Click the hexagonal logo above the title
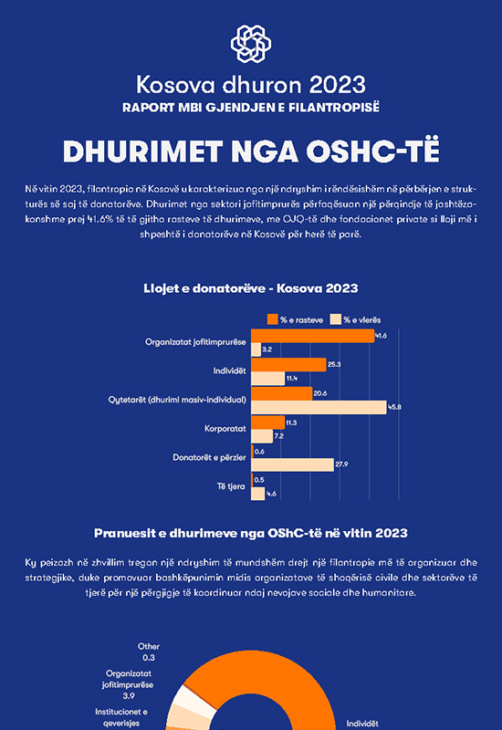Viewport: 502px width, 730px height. pyautogui.click(x=251, y=44)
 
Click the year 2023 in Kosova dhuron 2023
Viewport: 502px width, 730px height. pyautogui.click(x=338, y=85)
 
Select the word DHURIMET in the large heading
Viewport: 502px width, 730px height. pyautogui.click(x=142, y=151)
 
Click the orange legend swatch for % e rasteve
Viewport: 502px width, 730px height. pyautogui.click(x=272, y=319)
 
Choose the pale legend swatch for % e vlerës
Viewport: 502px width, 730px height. pyautogui.click(x=336, y=319)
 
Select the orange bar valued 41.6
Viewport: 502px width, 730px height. pyautogui.click(x=312, y=336)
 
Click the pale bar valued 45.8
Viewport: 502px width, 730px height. pyautogui.click(x=319, y=407)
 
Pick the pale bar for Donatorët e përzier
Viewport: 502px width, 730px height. pyautogui.click(x=292, y=464)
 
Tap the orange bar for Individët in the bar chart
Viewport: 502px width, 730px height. pyautogui.click(x=288, y=364)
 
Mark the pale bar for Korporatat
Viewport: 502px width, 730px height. pyautogui.click(x=262, y=436)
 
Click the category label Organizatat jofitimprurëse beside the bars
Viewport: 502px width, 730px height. pyautogui.click(x=195, y=342)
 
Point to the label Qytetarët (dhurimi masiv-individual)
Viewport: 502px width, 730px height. pyautogui.click(x=177, y=400)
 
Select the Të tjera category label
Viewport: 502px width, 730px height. pyautogui.click(x=231, y=486)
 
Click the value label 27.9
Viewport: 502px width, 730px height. pyautogui.click(x=341, y=464)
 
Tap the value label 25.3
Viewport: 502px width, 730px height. pyautogui.click(x=334, y=364)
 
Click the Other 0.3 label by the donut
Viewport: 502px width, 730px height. pyautogui.click(x=149, y=652)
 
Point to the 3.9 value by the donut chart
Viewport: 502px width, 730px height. pyautogui.click(x=129, y=696)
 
